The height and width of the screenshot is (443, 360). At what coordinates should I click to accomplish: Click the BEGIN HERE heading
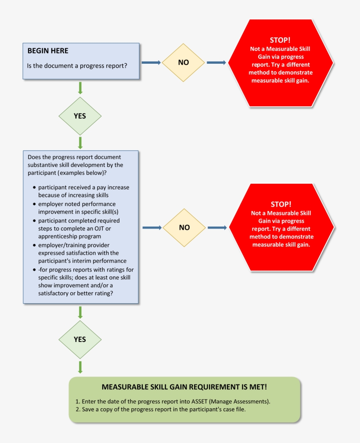coord(48,51)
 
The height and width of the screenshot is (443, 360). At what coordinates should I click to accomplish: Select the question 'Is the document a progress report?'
coord(77,66)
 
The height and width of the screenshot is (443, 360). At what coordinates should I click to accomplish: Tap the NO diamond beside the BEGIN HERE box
coord(184,62)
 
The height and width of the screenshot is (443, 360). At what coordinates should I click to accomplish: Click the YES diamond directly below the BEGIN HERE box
coord(80,116)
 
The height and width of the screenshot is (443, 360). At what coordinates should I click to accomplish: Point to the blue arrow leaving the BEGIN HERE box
coord(151,62)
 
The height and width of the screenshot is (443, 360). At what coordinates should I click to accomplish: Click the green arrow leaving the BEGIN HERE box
coord(80,87)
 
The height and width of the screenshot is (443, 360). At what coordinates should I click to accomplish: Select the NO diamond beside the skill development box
coord(184,228)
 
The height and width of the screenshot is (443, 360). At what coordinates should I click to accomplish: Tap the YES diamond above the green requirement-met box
coord(80,339)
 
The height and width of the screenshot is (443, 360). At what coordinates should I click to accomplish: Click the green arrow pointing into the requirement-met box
coord(80,367)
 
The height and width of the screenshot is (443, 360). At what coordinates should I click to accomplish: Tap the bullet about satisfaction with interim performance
coord(79,253)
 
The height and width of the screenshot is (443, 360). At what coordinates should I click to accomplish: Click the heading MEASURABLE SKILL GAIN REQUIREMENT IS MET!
coord(184,387)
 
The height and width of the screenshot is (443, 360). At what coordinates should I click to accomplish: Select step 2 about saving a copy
coord(161,409)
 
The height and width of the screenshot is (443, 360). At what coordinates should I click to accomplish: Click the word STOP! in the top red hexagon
coord(280,40)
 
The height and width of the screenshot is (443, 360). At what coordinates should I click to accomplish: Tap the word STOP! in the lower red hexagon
coord(281,204)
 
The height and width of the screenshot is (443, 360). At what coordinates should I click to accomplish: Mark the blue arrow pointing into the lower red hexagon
coord(217,228)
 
